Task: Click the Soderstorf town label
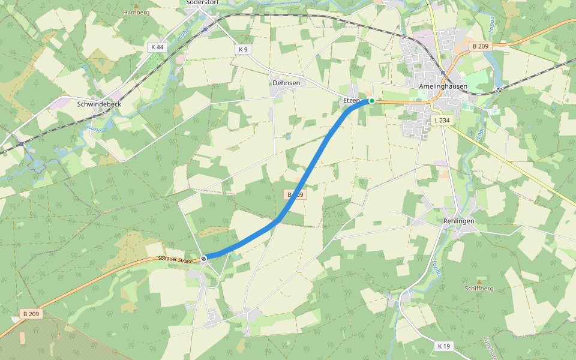click(202, 2)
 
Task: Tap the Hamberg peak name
click(136, 12)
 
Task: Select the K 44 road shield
click(157, 47)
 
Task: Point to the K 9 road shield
click(242, 49)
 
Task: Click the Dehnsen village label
click(286, 83)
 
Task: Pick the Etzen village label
click(351, 100)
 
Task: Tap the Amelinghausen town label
click(443, 86)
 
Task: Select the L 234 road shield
click(441, 121)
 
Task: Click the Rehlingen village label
click(458, 221)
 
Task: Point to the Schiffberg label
click(479, 289)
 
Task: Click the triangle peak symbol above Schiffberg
click(479, 281)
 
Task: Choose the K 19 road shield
click(444, 346)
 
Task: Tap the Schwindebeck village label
click(99, 104)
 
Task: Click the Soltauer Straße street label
click(175, 260)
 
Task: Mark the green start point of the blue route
click(372, 101)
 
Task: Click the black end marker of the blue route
click(204, 259)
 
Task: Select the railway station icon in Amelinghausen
click(443, 73)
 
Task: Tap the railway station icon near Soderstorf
click(205, 28)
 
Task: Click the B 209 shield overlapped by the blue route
click(295, 195)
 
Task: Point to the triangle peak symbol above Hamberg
click(136, 5)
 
